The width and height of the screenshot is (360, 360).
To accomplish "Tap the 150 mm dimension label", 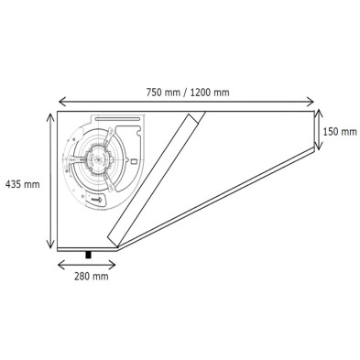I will click(340, 131).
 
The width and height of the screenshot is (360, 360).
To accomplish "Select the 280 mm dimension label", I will click(88, 274).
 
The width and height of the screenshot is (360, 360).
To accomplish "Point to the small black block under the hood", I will click(89, 253).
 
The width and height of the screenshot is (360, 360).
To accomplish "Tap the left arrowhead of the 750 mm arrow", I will click(60, 102).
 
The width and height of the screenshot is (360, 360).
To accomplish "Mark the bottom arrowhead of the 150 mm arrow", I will click(317, 150).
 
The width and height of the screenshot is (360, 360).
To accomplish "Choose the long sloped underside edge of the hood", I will click(215, 201).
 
